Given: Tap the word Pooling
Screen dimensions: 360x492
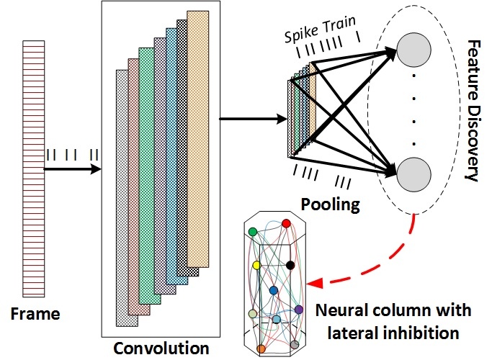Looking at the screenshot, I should [x=329, y=204].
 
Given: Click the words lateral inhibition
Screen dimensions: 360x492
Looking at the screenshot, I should [x=393, y=333].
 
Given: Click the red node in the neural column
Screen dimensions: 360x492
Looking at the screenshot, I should [x=286, y=224].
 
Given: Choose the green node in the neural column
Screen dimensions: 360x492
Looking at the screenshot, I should [x=253, y=232].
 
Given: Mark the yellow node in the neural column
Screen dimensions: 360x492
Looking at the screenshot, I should [x=256, y=266].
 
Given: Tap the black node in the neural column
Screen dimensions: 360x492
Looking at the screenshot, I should [x=290, y=266].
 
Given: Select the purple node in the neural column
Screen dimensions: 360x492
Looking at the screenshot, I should [x=299, y=310].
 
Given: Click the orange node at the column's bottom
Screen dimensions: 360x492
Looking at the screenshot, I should [x=261, y=348].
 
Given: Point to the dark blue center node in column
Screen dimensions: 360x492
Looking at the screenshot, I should [x=274, y=290].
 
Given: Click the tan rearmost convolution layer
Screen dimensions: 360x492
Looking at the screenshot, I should [x=207, y=137].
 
